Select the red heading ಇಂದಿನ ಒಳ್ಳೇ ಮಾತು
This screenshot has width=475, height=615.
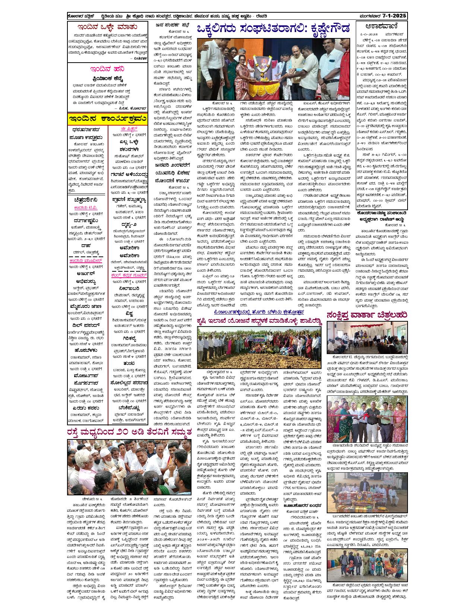pos(107,27)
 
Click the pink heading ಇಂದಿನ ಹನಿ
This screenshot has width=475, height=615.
pos(107,69)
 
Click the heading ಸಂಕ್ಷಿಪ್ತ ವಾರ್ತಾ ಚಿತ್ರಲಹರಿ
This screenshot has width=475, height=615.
pos(367,315)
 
